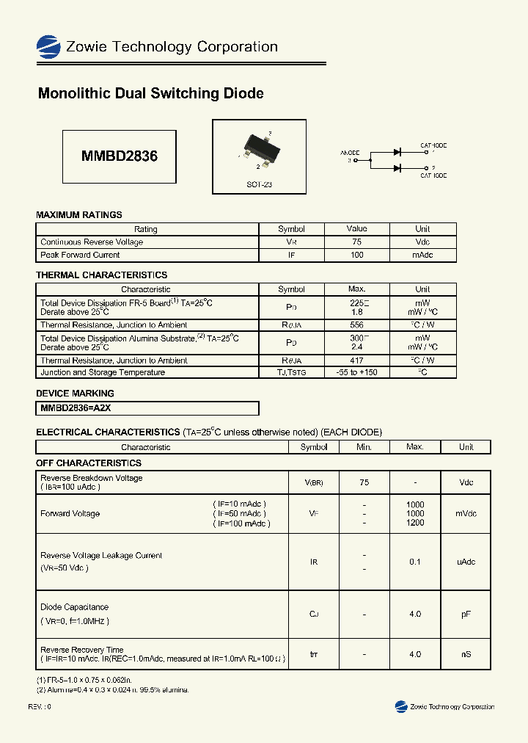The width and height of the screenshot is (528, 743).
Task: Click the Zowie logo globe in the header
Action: pos(48,47)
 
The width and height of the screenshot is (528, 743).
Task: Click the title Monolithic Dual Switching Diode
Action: pos(150,94)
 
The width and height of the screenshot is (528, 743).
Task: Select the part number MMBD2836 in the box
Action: pos(119,156)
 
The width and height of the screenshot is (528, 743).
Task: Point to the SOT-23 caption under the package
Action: pos(259,185)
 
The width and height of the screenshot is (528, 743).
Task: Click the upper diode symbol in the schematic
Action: pos(397,152)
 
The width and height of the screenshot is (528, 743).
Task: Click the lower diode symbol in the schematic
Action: pos(397,168)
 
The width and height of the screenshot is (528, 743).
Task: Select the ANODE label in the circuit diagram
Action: pos(350,153)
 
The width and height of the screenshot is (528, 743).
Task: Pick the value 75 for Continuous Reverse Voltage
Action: pos(356,242)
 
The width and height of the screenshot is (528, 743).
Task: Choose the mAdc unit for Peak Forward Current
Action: pos(422,255)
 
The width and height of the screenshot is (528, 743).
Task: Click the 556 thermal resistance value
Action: pos(356,325)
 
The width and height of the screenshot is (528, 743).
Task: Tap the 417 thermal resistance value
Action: pos(356,360)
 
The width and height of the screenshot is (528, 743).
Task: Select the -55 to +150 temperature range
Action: pos(356,372)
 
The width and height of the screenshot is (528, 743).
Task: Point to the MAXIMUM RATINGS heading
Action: pos(79,215)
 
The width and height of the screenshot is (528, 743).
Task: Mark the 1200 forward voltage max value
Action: pos(415,523)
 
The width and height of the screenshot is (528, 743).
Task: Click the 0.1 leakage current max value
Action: pos(415,562)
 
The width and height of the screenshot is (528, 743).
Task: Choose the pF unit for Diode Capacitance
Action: pos(466,614)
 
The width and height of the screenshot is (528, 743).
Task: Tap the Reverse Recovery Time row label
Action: pos(82,650)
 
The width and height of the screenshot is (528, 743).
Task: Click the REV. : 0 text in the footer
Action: pos(40,706)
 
